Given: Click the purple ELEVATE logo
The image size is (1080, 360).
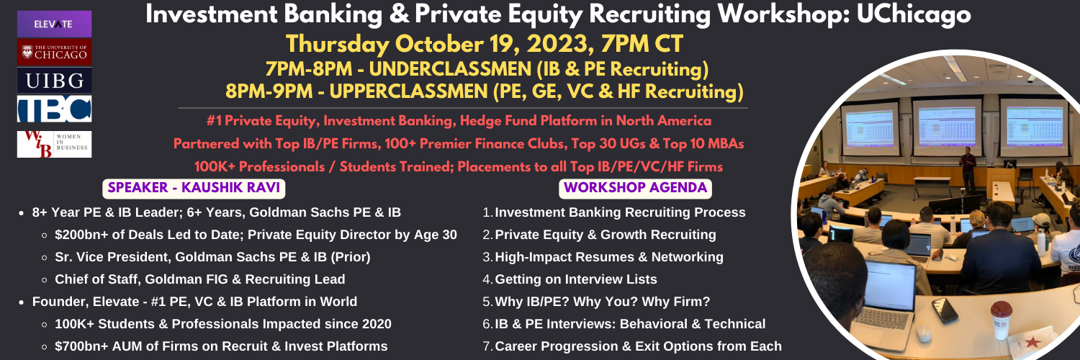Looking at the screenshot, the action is tap(54, 24).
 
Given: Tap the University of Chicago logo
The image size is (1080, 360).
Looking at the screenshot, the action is tap(54, 52).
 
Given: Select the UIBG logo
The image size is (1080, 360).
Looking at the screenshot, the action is tap(54, 81).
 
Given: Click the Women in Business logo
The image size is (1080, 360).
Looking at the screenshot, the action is tap(54, 144).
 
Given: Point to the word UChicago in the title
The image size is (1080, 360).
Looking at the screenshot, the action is tap(914, 15).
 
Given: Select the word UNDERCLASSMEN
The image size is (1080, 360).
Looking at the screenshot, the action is tap(450, 69).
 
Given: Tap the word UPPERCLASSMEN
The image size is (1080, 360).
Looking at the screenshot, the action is tap(409, 91).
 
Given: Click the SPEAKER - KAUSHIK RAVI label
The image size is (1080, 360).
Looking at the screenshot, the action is tap(194, 188).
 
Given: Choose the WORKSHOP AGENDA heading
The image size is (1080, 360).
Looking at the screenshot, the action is tap(635, 188).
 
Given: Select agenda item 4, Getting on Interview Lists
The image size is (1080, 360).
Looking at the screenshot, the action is tap(576, 279).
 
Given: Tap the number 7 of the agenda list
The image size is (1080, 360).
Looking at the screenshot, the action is tap(487, 346).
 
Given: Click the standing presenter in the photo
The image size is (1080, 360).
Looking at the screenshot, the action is tap(967, 169).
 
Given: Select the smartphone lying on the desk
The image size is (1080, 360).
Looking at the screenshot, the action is tap(945, 310).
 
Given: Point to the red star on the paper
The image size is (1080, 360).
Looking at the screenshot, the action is tap(1031, 342).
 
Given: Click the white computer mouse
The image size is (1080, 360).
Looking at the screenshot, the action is tap(923, 333).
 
